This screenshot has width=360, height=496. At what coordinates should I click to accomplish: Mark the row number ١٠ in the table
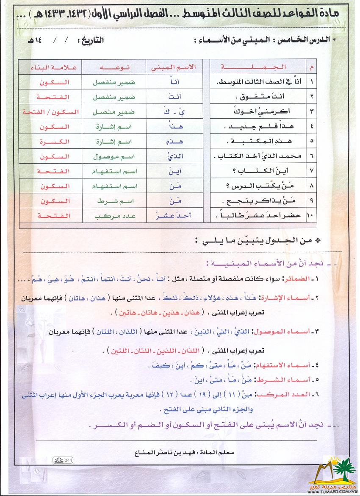pyautogui.click(x=312, y=216)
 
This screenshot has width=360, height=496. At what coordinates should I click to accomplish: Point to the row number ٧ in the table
pyautogui.click(x=312, y=171)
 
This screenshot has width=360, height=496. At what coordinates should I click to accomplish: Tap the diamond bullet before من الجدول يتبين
pyautogui.click(x=318, y=240)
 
